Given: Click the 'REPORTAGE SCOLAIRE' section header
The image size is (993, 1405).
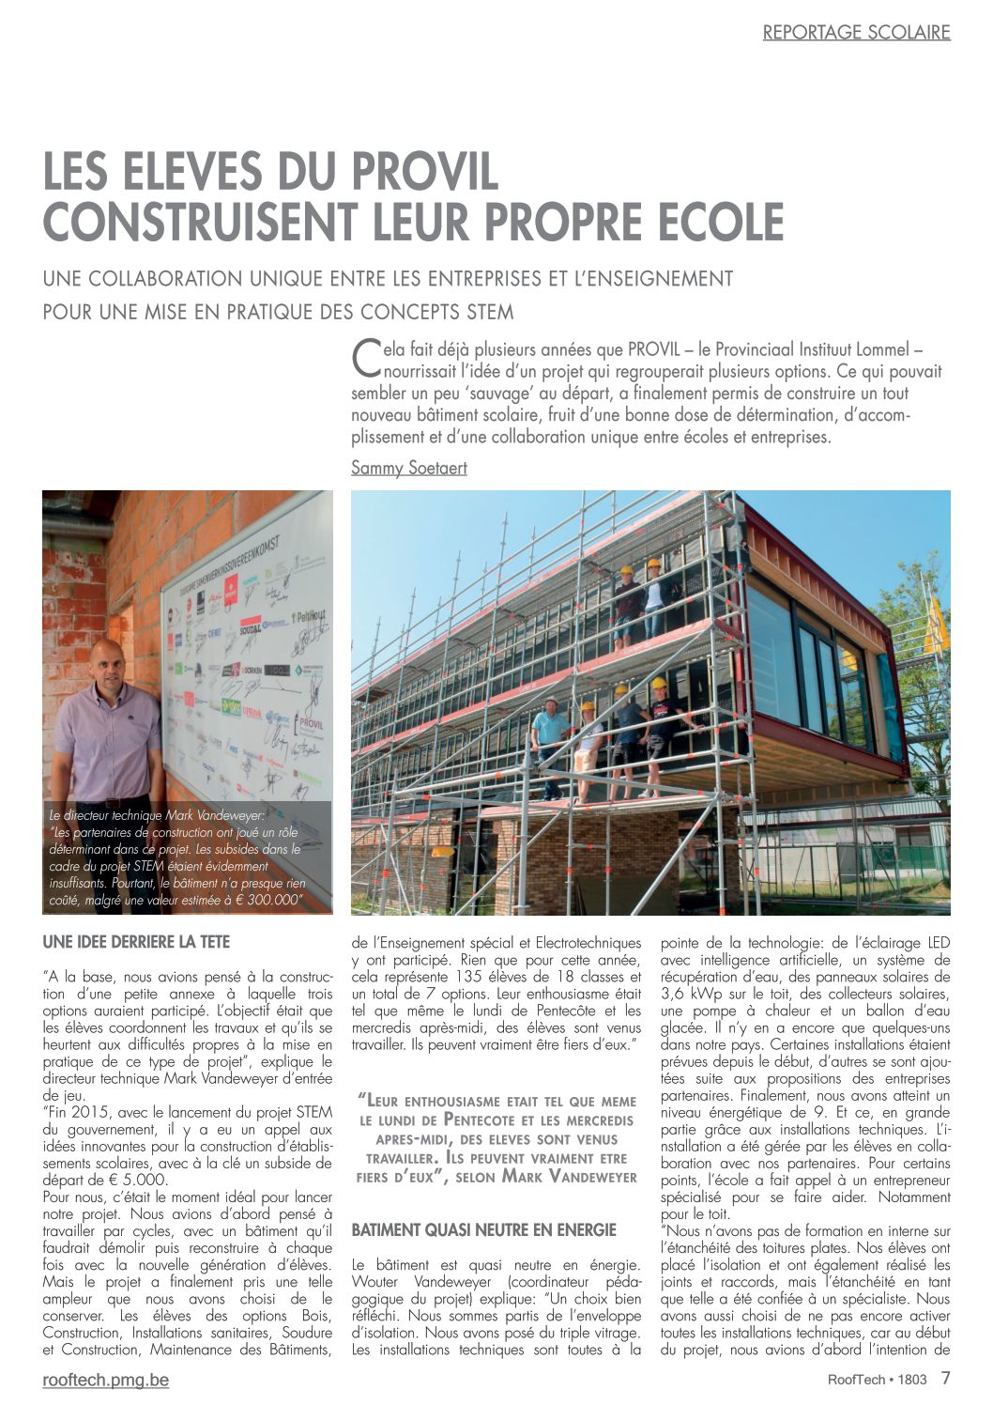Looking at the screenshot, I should [x=856, y=33].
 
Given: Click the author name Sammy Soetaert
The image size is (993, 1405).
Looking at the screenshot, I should [x=408, y=467].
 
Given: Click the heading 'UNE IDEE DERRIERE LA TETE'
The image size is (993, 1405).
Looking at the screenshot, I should [x=136, y=941].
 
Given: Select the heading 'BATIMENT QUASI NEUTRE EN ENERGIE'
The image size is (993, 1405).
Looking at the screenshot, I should [x=483, y=1229].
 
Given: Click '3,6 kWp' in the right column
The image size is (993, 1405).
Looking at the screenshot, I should [x=691, y=994].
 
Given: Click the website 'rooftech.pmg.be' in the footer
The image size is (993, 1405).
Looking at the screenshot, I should [x=106, y=1380].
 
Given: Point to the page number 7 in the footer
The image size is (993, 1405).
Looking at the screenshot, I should [x=945, y=1379].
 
